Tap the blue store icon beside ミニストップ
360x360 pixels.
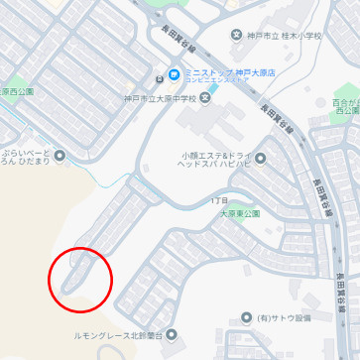pyautogui.click(x=174, y=74)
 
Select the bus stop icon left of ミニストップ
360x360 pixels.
pyautogui.click(x=158, y=80)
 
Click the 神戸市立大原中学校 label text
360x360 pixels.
pyautogui.click(x=159, y=98)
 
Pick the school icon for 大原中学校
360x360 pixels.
pyautogui.click(x=205, y=98)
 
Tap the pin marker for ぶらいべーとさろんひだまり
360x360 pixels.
pyautogui.click(x=60, y=155)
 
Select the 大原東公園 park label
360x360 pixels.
pyautogui.click(x=239, y=213)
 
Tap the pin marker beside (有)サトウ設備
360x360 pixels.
pyautogui.click(x=255, y=318)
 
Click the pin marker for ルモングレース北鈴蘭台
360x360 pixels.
pyautogui.click(x=174, y=335)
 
